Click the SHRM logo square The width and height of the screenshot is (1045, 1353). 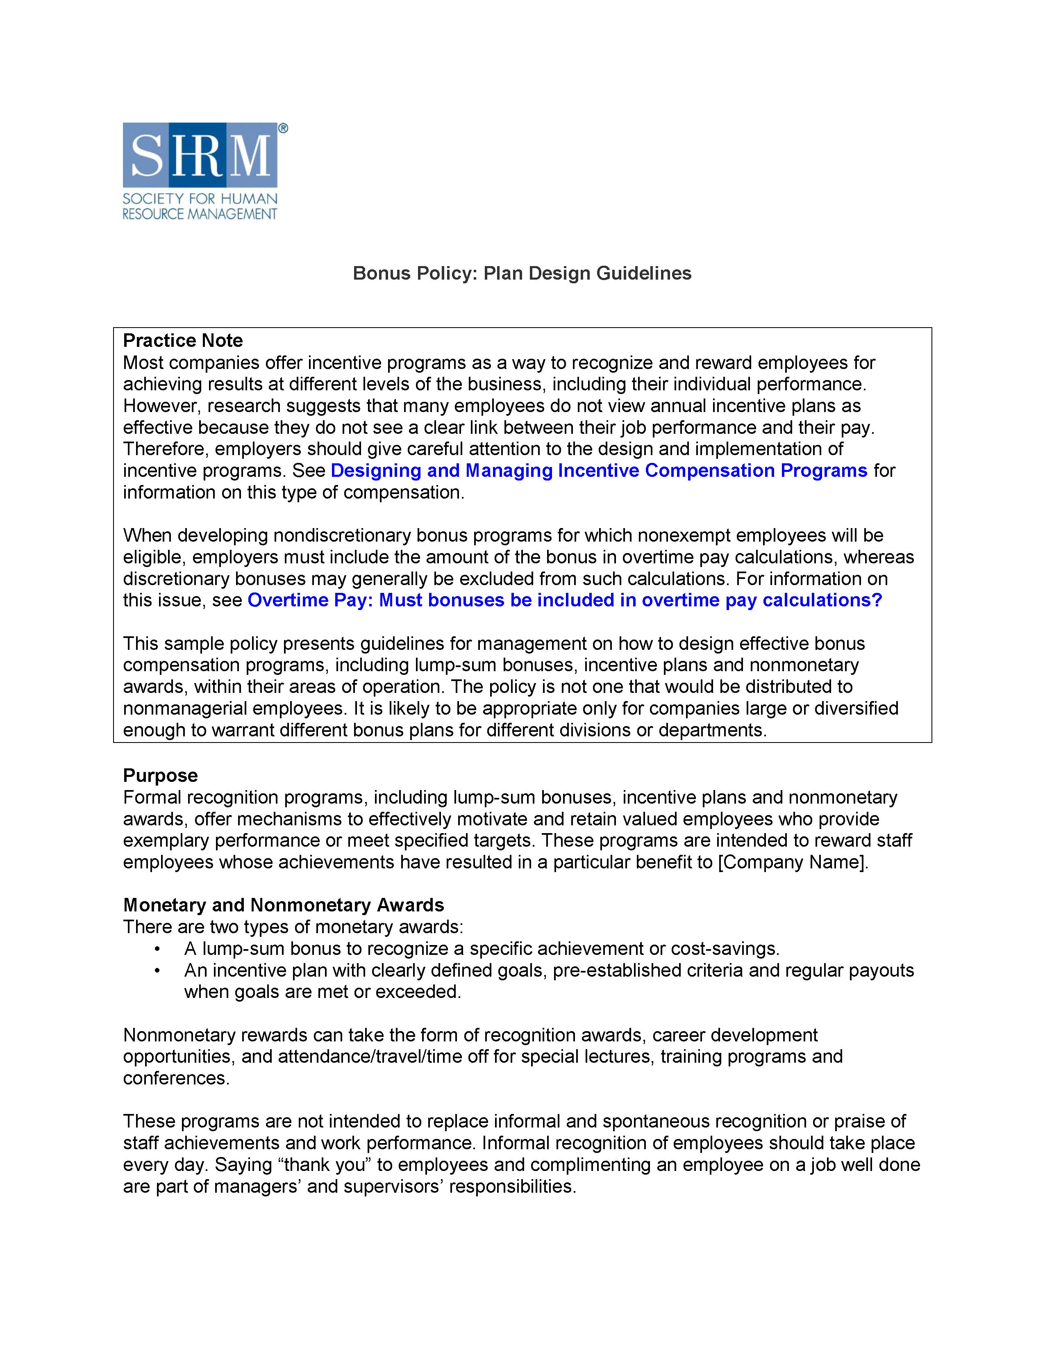200,155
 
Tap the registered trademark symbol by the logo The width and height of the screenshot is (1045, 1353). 283,128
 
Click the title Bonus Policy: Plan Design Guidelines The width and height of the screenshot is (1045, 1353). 522,273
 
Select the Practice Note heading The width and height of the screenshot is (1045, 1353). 183,340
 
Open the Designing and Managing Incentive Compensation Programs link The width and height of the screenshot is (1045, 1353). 599,470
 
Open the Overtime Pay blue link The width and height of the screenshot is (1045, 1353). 565,600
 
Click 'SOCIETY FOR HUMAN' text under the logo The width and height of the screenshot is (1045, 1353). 200,199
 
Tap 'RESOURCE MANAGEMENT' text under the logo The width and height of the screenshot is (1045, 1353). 200,214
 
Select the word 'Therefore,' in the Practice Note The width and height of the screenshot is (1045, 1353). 166,449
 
